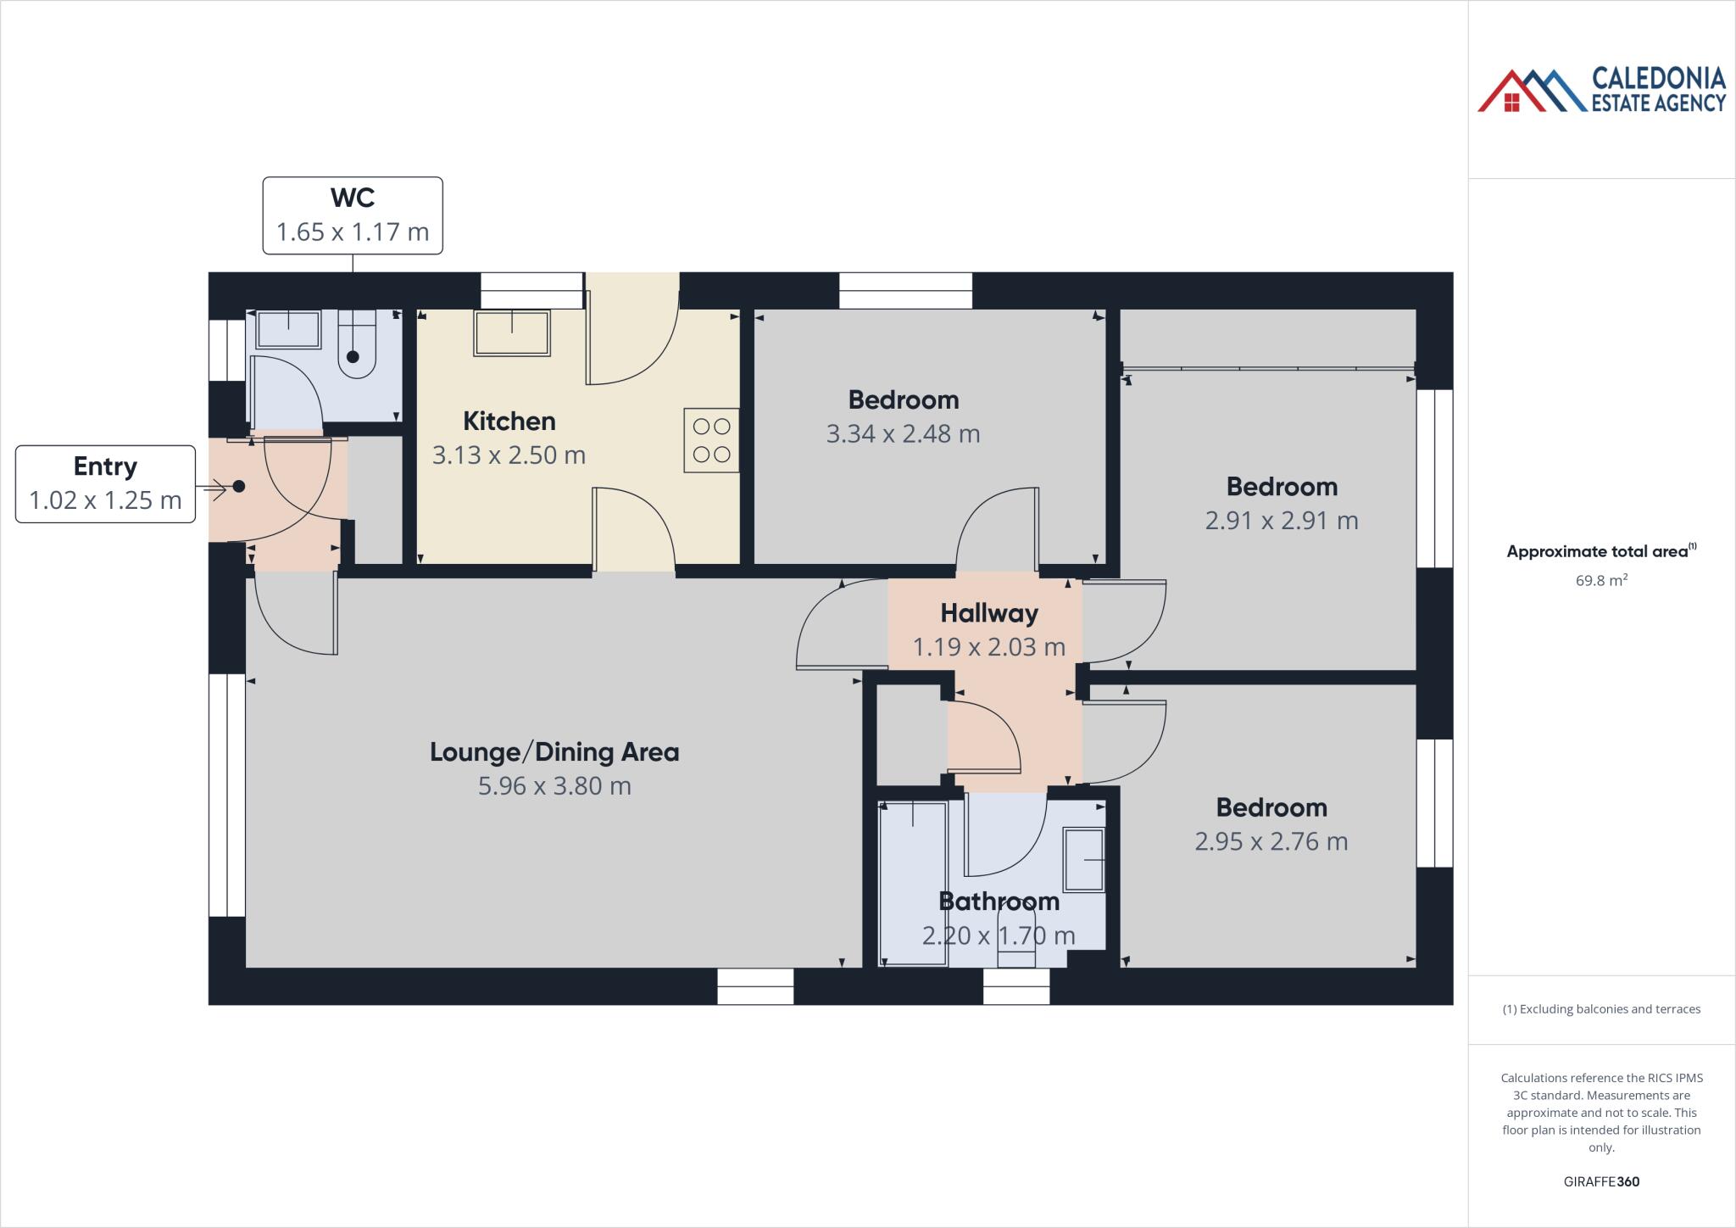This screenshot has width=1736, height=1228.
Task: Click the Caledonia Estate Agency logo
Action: (1600, 90)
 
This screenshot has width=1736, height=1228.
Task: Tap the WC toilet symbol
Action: (356, 348)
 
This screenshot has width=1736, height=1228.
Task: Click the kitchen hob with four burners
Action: (711, 440)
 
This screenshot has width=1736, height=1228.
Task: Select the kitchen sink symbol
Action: (512, 332)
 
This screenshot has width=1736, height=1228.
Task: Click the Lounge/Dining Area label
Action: (554, 752)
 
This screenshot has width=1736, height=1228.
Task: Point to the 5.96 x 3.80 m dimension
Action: (554, 786)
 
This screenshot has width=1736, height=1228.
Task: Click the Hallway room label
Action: (988, 613)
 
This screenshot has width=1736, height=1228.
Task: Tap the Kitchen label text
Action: (509, 421)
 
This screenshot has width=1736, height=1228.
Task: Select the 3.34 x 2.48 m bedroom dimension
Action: (903, 434)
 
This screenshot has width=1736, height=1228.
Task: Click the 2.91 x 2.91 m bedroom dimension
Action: (1281, 521)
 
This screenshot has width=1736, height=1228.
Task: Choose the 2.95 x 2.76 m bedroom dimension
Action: (1271, 842)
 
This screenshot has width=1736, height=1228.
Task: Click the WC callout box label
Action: (353, 215)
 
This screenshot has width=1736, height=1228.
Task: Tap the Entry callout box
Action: (105, 483)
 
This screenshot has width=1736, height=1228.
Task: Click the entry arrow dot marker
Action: (239, 487)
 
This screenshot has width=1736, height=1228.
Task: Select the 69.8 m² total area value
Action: (1600, 581)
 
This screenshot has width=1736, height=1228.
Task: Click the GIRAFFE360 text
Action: (1600, 1182)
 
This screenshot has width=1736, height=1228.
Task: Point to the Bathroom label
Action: (999, 901)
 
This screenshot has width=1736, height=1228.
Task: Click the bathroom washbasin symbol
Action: (1085, 860)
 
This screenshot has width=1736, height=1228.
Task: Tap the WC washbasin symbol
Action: (288, 329)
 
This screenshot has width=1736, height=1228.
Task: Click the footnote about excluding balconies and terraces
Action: (1600, 1009)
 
